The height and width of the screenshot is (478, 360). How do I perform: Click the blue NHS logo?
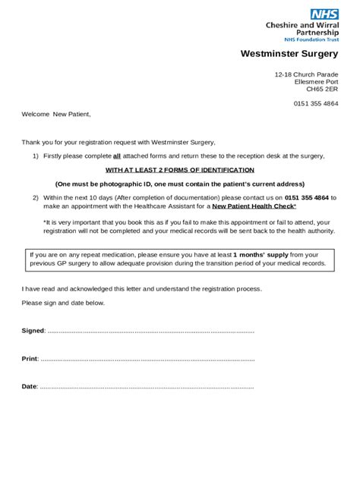[324, 14]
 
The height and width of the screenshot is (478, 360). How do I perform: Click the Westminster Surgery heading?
[289, 54]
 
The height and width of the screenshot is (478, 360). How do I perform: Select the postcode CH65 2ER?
[322, 88]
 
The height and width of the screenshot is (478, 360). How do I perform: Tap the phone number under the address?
[316, 103]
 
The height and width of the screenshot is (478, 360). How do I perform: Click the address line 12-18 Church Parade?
[306, 74]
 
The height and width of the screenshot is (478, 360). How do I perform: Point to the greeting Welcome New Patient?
[55, 115]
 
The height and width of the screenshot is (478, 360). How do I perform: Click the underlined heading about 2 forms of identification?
[180, 170]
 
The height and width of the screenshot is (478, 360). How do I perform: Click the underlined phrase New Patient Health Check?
[254, 206]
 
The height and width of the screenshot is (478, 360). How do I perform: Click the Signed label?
[33, 331]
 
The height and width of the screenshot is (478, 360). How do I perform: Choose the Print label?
[29, 358]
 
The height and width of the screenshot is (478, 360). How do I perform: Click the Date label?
[29, 386]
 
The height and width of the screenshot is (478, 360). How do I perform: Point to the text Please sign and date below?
[63, 303]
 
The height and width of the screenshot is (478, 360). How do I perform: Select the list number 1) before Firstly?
[36, 156]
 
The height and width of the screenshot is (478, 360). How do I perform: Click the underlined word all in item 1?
[117, 156]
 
